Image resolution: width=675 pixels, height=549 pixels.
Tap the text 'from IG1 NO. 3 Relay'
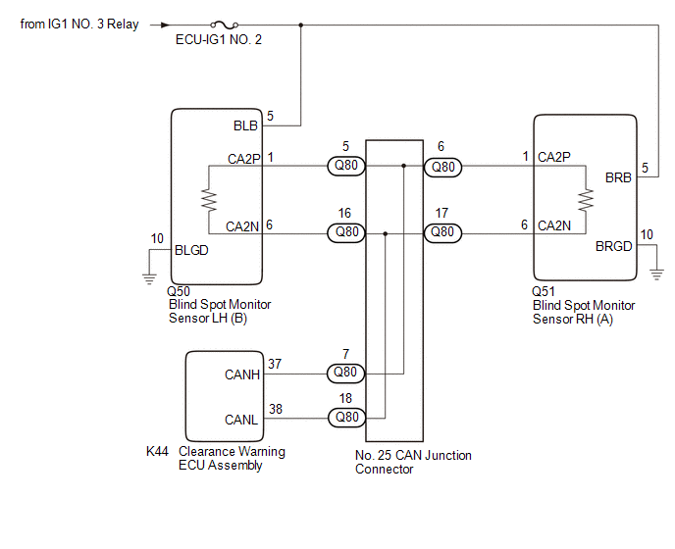79,25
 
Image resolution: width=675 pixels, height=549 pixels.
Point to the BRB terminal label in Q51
618,178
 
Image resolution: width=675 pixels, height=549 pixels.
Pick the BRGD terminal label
614,246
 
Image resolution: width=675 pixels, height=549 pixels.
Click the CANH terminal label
241,374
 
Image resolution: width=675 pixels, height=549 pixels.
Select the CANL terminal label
241,419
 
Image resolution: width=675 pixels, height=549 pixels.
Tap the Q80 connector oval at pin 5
346,167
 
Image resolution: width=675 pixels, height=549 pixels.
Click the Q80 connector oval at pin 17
443,233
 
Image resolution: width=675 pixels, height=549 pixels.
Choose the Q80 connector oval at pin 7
346,373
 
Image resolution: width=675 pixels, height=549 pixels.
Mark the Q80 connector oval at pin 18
346,418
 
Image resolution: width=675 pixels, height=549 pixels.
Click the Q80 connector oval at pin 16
346,233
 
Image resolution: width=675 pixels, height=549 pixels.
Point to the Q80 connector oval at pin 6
443,167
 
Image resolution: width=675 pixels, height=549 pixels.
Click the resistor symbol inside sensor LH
208,199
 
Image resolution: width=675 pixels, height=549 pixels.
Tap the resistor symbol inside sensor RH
587,199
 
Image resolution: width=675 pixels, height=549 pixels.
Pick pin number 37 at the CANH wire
275,363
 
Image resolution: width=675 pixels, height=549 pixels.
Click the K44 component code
158,452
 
